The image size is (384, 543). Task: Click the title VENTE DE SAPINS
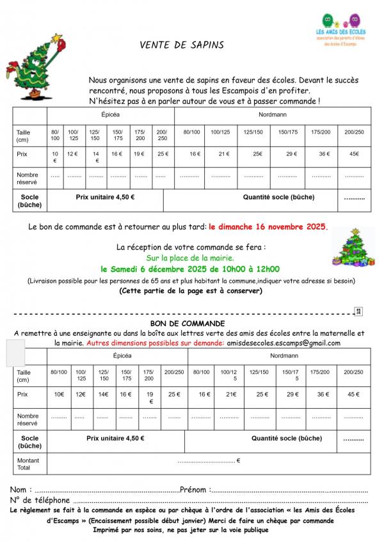tap(182, 45)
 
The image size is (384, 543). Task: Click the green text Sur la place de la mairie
tap(191, 258)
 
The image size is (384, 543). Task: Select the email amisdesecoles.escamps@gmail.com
tap(284, 343)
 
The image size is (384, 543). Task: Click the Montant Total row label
tap(28, 464)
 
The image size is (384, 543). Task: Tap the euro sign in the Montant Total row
tap(238, 460)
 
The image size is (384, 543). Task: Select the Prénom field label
tap(196, 490)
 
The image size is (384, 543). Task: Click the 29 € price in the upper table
tap(291, 154)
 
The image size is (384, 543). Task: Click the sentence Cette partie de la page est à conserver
tap(191, 290)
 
